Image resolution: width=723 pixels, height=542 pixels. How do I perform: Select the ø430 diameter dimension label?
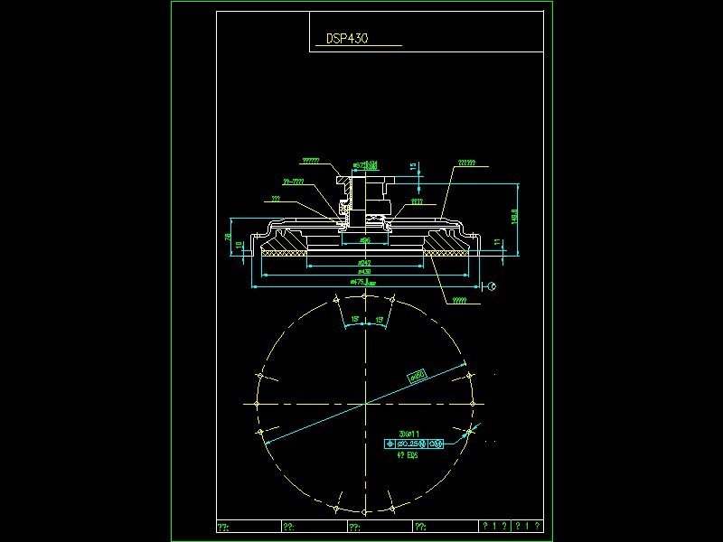coord(365,271)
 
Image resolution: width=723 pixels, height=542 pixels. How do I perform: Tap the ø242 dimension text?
coord(365,262)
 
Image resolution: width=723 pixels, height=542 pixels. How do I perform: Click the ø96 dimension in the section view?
coord(365,241)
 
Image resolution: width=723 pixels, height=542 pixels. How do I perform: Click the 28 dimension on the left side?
coord(228,238)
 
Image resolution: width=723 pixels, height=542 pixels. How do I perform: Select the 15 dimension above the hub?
coord(413,166)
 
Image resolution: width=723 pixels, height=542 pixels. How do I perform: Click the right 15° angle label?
coord(380,320)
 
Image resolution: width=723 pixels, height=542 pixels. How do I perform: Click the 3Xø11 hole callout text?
coord(409,434)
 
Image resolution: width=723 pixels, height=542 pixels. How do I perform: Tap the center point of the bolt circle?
coord(365,404)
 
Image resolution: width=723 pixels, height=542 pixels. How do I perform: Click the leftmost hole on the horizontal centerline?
coord(258,404)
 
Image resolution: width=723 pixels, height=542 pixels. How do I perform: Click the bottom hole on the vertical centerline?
coord(365,511)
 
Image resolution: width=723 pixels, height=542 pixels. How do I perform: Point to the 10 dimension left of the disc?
coord(239,244)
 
